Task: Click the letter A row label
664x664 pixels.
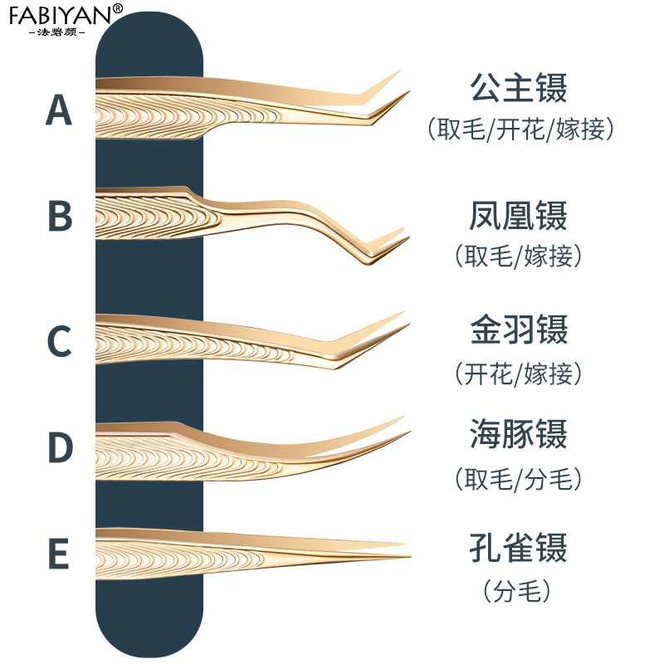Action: (x=58, y=110)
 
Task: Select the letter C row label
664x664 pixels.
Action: (x=58, y=341)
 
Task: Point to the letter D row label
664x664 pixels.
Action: (x=59, y=447)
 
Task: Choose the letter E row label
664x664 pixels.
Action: (x=58, y=554)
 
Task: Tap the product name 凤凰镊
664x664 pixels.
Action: (x=518, y=216)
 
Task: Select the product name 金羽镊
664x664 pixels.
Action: (x=518, y=330)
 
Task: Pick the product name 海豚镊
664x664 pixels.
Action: (x=518, y=435)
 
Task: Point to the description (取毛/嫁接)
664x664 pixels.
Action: (x=518, y=256)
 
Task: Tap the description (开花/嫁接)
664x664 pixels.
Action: (x=518, y=373)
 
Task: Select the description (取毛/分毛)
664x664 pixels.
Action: (x=518, y=478)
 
